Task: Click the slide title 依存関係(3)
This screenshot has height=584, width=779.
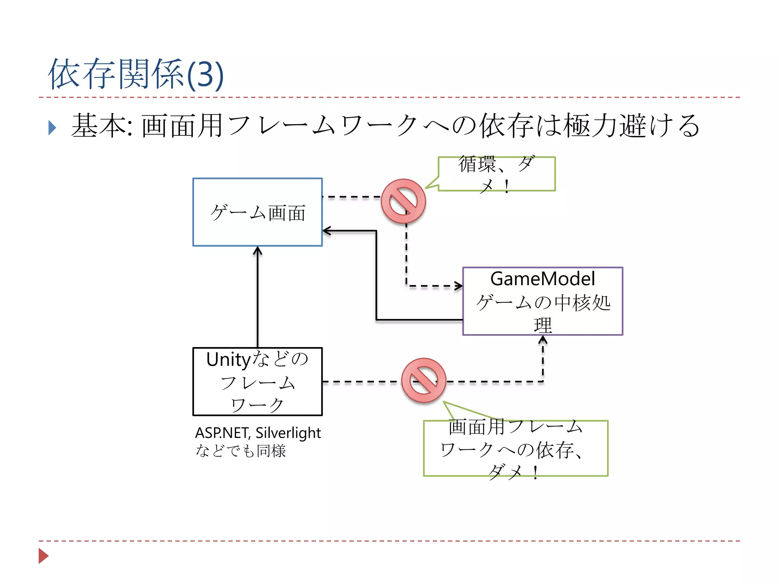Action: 136,75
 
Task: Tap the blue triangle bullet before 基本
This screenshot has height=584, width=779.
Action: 52,128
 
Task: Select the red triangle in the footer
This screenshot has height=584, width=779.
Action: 43,556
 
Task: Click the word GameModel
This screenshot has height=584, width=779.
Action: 542,279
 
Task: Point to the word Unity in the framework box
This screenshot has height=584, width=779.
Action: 229,359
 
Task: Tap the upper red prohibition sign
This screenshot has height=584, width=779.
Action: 403,201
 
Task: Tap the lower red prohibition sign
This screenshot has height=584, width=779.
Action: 424,380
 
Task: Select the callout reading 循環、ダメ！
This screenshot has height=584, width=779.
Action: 496,174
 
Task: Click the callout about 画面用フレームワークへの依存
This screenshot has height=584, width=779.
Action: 515,449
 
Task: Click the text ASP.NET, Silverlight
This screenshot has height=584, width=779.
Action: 258,433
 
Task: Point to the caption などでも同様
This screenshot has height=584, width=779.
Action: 241,451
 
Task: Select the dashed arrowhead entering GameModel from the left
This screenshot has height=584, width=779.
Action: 459,286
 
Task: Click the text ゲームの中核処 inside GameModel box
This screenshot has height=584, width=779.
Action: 543,303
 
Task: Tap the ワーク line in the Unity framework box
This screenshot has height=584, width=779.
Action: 258,405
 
